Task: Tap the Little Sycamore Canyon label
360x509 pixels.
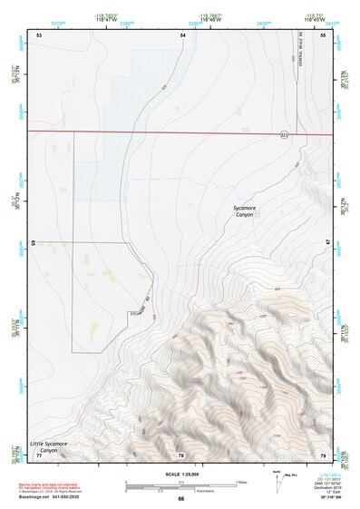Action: [49, 446]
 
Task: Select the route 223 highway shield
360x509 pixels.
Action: [284, 134]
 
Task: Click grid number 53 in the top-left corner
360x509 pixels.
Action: [39, 34]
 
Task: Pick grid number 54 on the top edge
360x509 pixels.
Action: [182, 34]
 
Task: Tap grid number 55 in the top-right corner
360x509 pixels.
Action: [323, 34]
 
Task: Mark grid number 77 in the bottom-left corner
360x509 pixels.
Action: [39, 454]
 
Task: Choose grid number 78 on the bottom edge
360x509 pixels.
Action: [181, 454]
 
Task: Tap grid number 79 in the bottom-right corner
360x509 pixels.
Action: [323, 454]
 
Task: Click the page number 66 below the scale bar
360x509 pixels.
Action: [181, 499]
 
